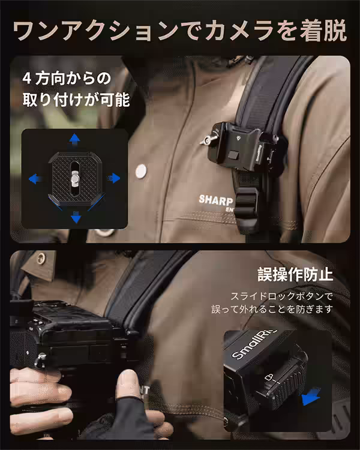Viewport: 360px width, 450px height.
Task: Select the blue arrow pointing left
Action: coord(35,178)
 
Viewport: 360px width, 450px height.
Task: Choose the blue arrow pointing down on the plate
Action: coord(76,217)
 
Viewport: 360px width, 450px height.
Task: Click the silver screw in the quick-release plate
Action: coord(74,177)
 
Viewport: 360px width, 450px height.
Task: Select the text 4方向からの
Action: coord(67,78)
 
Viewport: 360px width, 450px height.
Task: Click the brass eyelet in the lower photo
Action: coord(41,259)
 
